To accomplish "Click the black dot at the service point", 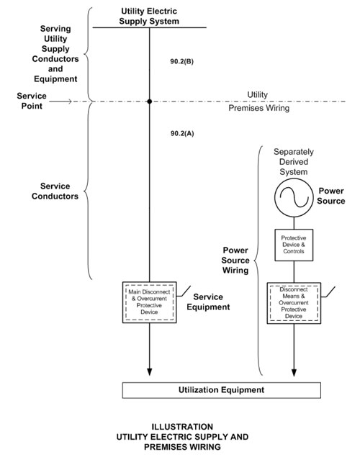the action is coord(150,101).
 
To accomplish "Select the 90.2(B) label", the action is coord(182,61).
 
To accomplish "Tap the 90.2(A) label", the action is coord(182,133).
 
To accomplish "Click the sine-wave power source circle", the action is coord(294,198).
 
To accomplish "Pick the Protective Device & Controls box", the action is coord(294,245).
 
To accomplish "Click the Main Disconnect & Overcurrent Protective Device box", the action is coord(149,302).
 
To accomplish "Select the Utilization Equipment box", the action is coord(222,390).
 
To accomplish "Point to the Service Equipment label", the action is coord(208,302).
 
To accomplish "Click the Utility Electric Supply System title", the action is coord(149,16).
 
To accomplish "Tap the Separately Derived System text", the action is coord(294,162).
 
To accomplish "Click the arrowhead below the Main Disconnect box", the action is coord(149,372).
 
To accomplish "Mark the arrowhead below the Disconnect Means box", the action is coord(294,373).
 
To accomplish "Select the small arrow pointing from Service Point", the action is coord(60,101).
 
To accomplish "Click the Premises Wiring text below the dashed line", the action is coord(259,108).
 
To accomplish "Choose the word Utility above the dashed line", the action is coord(257,95).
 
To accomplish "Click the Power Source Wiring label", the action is coord(235,261).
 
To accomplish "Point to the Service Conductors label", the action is coord(55,191).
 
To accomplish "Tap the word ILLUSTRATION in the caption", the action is coord(182,427).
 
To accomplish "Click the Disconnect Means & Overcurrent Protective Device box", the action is coord(294,303).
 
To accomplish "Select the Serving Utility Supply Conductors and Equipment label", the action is coord(55,54).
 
